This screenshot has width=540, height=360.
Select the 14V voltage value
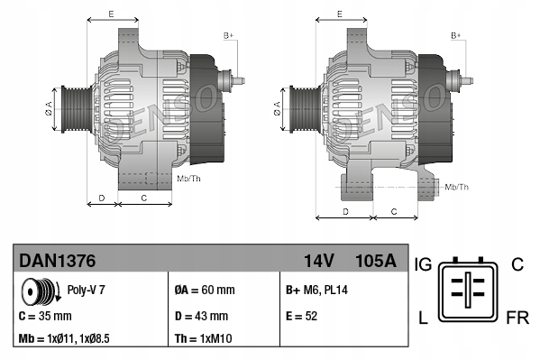(319, 261)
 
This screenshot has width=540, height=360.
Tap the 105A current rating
(377, 261)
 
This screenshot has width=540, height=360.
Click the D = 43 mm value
(203, 317)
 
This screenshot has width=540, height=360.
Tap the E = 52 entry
(303, 317)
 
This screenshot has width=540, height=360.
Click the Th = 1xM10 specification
(205, 340)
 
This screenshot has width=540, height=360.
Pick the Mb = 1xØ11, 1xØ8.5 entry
(65, 340)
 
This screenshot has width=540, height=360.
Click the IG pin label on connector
(424, 263)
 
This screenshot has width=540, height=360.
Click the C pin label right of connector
(517, 263)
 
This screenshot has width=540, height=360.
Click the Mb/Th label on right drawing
(456, 187)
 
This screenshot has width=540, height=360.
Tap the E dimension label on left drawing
(111, 14)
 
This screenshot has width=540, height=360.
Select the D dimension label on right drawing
(346, 210)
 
